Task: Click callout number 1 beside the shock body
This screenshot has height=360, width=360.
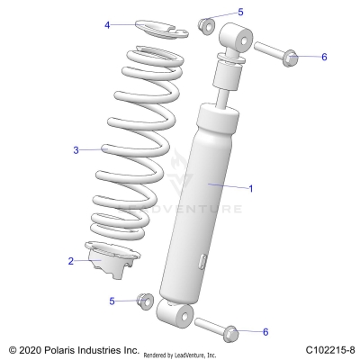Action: pyautogui.click(x=251, y=188)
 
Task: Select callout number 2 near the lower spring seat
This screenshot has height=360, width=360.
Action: pyautogui.click(x=69, y=261)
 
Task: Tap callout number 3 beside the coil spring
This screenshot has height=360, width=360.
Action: pyautogui.click(x=76, y=148)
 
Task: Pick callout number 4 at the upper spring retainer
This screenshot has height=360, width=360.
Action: pyautogui.click(x=107, y=25)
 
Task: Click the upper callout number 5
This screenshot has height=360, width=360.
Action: pyautogui.click(x=240, y=12)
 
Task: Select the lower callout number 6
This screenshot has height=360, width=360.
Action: pyautogui.click(x=265, y=332)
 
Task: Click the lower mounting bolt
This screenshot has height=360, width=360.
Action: pyautogui.click(x=215, y=326)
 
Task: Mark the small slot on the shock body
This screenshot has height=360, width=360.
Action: pyautogui.click(x=204, y=261)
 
